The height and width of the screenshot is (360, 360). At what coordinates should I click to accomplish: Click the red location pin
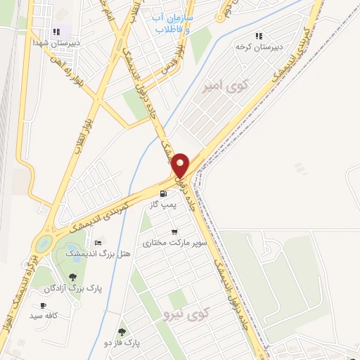[x=181, y=165]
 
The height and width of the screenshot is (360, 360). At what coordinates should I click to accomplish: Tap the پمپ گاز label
[x=162, y=205]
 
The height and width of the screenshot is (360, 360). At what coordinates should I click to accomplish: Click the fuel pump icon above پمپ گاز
[x=163, y=193]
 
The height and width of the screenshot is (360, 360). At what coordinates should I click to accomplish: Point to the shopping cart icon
[x=174, y=231]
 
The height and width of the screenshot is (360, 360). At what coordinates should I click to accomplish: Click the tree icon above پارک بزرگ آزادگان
[x=72, y=277]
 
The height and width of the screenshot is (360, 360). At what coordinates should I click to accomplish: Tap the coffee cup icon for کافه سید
[x=43, y=306]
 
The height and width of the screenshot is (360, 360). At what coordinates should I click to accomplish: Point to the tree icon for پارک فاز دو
[x=122, y=332]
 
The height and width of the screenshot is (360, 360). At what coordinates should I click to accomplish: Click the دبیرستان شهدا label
[x=56, y=42]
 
